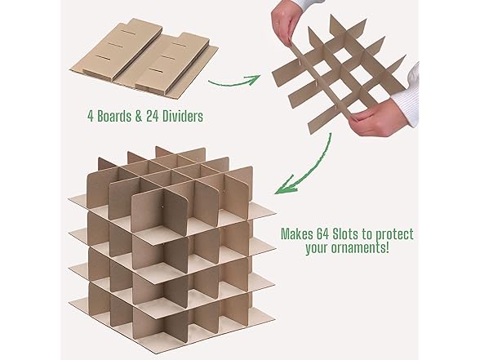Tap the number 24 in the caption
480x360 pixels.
click(x=153, y=116)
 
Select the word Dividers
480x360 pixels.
click(x=183, y=116)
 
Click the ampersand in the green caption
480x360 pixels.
click(x=139, y=117)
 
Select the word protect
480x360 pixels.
click(x=394, y=235)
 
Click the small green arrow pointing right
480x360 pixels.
click(x=234, y=82)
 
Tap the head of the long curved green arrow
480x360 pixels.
click(x=285, y=186)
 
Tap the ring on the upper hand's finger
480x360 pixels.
click(x=277, y=23)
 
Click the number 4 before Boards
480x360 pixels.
click(x=91, y=117)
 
